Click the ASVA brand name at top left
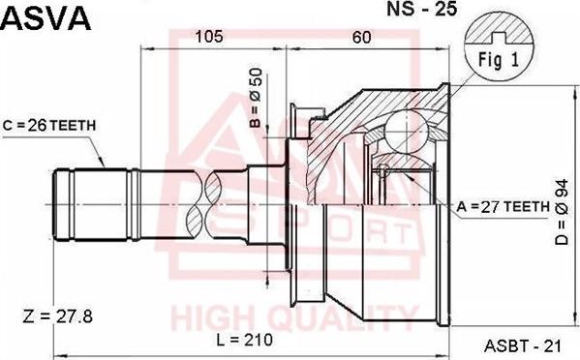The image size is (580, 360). coord(46,18)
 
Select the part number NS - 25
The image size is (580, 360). coord(422,9)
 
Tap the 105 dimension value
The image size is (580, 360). coord(209,37)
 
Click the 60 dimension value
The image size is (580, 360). coord(361,37)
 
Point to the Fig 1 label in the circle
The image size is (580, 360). coord(499,59)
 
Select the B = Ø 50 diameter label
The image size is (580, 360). coord(256,98)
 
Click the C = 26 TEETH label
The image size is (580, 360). coord(49,126)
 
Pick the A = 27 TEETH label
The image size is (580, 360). coord(504,206)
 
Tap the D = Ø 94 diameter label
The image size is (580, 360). coord(562,212)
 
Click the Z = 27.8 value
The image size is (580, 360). coord(58,316)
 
